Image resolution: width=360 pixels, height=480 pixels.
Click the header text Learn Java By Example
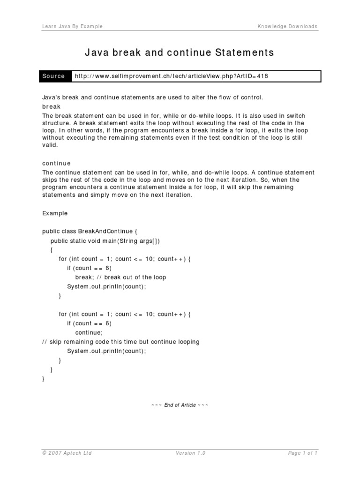click(x=72, y=26)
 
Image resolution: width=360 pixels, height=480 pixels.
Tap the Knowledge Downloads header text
click(x=287, y=26)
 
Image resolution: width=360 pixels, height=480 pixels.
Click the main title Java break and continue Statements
click(x=180, y=52)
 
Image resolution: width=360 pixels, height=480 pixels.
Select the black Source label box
click(x=54, y=76)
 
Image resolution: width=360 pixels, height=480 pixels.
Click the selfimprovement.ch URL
click(x=172, y=76)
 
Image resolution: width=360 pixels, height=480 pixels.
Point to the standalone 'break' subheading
click(x=52, y=107)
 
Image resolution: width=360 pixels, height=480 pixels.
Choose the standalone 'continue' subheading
click(x=57, y=164)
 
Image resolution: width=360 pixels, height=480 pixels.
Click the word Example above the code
click(x=55, y=213)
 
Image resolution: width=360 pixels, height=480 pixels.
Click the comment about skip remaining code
click(x=120, y=342)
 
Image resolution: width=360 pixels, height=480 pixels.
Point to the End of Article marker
click(x=180, y=405)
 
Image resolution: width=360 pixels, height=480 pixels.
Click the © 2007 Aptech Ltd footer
click(x=67, y=453)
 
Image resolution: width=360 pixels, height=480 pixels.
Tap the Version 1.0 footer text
click(x=191, y=453)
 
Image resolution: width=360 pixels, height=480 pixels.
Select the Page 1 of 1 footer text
click(x=303, y=453)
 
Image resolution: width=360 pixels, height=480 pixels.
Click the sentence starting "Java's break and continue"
click(x=153, y=97)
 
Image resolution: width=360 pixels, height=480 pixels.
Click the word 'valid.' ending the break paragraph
click(x=50, y=145)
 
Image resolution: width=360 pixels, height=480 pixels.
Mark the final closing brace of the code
click(x=44, y=379)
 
